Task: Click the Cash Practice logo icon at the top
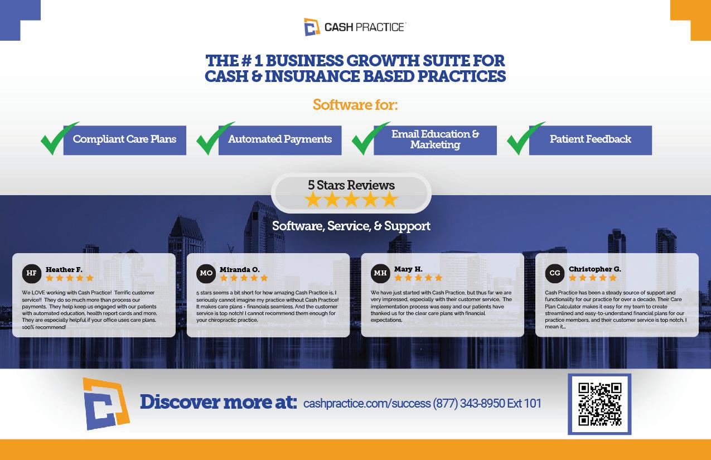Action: coord(312,27)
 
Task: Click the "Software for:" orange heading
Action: coord(355,105)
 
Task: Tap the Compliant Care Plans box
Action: coord(124,139)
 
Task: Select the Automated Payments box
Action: coord(280,139)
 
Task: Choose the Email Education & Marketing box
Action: coord(435,139)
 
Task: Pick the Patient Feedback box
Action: coord(590,139)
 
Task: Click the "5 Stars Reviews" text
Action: coord(351,185)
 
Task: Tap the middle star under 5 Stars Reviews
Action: coord(351,200)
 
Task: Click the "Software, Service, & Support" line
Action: coord(351,226)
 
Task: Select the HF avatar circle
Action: coord(32,273)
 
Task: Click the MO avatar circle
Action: coord(206,273)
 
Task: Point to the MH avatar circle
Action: coord(380,273)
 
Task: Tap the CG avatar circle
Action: coord(555,273)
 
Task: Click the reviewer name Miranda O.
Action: coord(239,269)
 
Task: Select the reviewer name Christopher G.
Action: coord(594,269)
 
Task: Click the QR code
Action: coord(599,404)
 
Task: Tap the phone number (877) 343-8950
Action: coord(468,404)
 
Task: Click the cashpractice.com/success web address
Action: coord(366,404)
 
